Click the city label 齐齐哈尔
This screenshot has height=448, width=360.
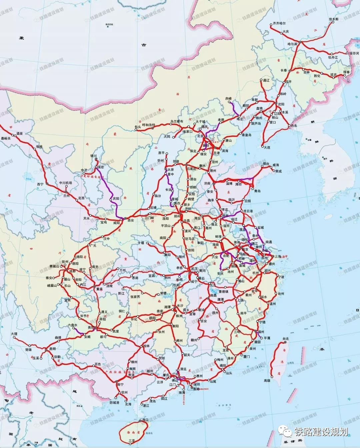tap(279, 23)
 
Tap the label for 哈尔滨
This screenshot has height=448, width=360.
tap(292, 44)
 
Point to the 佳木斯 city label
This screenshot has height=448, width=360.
tap(333, 19)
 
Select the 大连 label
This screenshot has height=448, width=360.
tap(267, 147)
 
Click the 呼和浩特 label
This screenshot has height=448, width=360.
tap(149, 125)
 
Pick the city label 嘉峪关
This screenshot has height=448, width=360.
tap(6, 138)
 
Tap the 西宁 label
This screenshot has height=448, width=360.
tap(40, 184)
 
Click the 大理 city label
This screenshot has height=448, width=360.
tap(14, 334)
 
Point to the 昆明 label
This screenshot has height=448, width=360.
tap(53, 349)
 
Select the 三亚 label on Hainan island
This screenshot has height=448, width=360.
tap(132, 440)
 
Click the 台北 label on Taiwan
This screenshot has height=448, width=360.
tap(286, 339)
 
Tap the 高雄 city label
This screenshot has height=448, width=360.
tap(267, 380)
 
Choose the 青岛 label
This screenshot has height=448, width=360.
tap(257, 191)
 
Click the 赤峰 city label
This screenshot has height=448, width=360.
tap(228, 99)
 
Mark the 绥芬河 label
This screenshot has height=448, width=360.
tap(354, 53)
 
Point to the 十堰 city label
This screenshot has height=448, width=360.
tap(141, 243)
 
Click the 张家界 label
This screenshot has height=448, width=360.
tap(135, 296)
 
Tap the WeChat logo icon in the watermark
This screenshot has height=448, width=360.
tap(286, 432)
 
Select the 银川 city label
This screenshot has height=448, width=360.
tap(93, 156)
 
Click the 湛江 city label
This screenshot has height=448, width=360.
tap(146, 406)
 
